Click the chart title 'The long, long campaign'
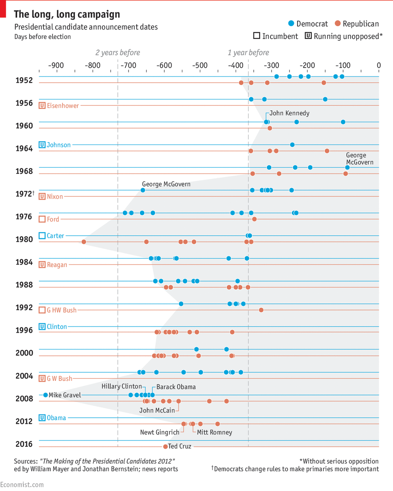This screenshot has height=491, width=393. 67,14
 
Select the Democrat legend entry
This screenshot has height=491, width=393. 308,24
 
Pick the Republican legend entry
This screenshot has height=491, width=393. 356,24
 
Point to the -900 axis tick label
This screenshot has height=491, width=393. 56,65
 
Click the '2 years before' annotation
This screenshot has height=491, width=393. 117,53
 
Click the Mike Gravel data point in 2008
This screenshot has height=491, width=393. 45,395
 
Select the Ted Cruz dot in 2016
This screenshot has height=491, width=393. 165,446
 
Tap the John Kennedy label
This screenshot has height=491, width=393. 289,113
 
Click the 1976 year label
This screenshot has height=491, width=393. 24,216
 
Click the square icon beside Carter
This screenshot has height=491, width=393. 42,236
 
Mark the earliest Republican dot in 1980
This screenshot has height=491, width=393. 84,242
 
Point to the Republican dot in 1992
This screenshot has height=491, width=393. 261,310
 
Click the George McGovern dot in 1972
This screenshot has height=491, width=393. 143,190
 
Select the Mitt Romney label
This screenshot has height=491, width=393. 214,432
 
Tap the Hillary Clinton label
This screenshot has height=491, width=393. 122,387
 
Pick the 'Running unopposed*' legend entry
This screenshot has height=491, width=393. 344,36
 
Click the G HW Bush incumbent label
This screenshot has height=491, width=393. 61,310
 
